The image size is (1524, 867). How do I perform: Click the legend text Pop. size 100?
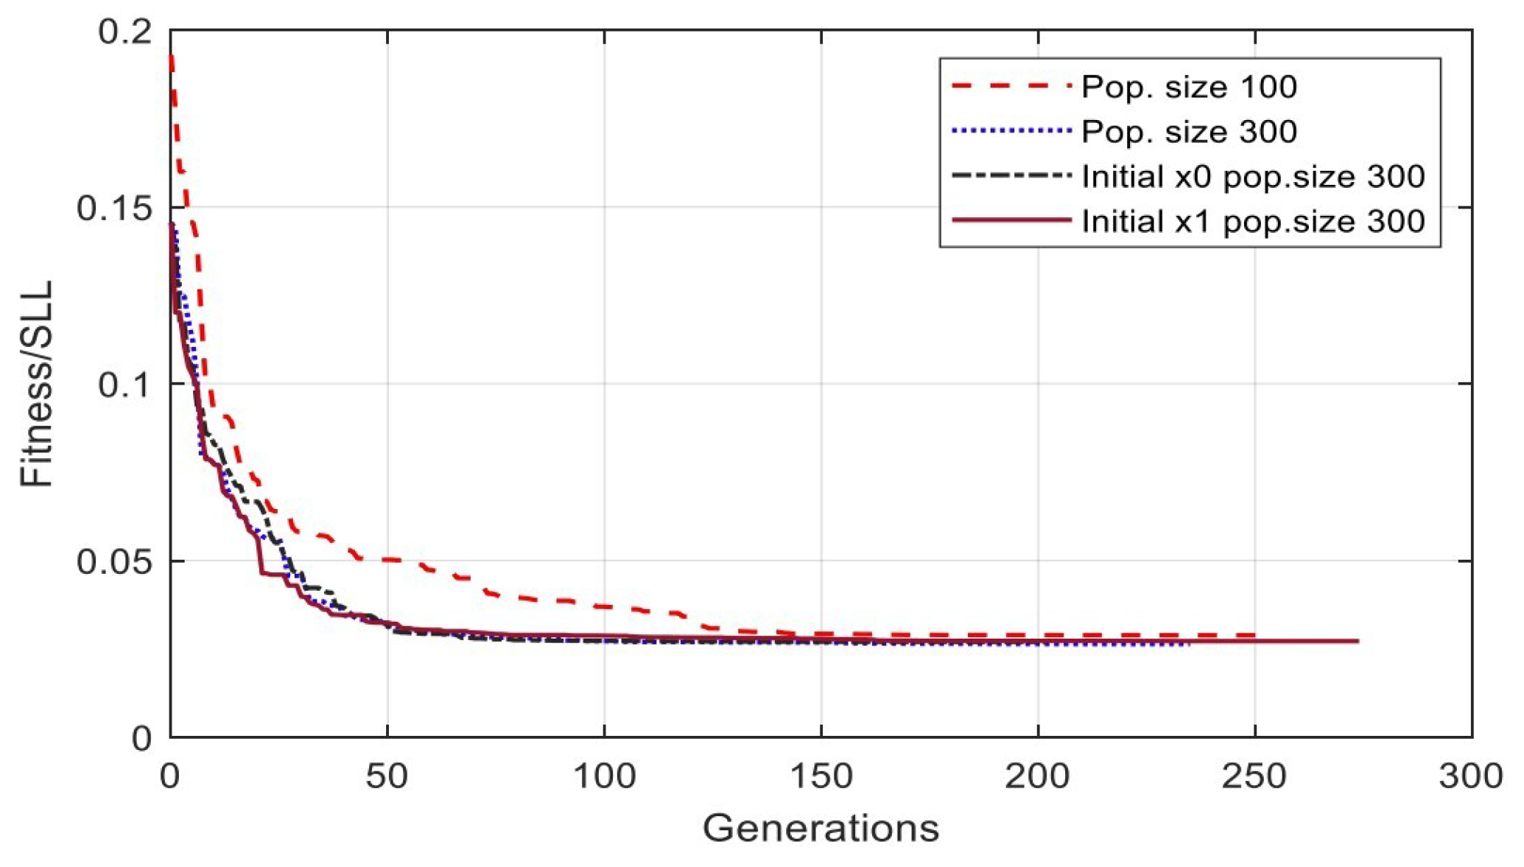tap(1188, 87)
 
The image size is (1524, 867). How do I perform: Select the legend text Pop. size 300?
tap(1188, 132)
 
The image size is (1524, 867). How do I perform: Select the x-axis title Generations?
tap(821, 828)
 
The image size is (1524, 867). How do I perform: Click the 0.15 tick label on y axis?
tap(114, 208)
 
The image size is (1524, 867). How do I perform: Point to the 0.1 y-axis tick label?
tap(125, 385)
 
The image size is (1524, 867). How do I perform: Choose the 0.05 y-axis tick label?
tap(114, 561)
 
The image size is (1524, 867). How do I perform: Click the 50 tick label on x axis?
tap(387, 776)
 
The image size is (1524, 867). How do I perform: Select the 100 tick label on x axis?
tap(604, 776)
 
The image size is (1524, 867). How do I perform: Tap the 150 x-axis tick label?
tap(821, 776)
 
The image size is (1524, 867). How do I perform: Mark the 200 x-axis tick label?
tap(1037, 776)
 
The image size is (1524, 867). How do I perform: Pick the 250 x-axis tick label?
tap(1254, 776)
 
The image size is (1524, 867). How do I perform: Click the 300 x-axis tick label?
tap(1470, 776)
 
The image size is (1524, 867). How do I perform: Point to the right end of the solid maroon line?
tap(1357, 641)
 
